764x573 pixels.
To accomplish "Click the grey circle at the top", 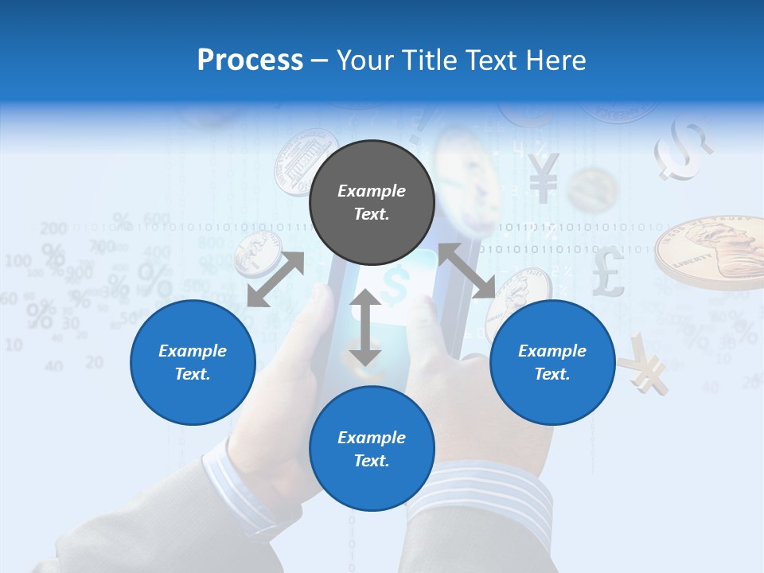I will (x=372, y=202).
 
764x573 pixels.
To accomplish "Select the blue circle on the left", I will (x=193, y=362).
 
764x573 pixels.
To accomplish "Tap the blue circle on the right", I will (x=552, y=362).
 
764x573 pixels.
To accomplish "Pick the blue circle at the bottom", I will (x=372, y=449).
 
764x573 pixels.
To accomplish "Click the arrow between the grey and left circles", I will (x=275, y=279).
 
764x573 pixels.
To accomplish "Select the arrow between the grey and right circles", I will (x=466, y=271).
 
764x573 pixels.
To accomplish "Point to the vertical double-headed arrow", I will (x=365, y=327).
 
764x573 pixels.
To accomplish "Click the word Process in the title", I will (x=250, y=60).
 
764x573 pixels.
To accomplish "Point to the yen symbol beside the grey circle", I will (x=543, y=177).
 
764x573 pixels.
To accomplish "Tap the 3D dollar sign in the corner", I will (x=683, y=149).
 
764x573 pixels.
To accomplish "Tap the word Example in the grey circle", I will (x=372, y=191).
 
